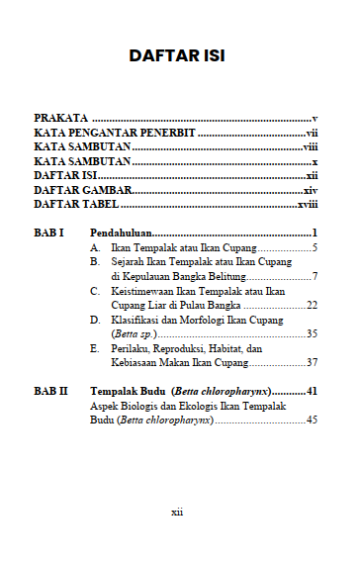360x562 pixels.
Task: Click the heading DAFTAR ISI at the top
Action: click(179, 56)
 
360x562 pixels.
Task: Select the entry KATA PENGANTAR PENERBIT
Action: click(116, 132)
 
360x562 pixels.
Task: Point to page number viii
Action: click(310, 146)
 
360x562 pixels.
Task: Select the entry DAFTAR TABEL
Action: click(76, 204)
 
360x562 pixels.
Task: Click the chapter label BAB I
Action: click(49, 233)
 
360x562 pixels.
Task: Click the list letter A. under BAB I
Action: click(94, 247)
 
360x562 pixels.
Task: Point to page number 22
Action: click(311, 305)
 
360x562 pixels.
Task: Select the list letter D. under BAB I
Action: click(94, 320)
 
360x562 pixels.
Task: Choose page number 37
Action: click(311, 363)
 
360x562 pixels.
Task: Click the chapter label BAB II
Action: click(51, 392)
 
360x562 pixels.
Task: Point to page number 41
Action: click(311, 392)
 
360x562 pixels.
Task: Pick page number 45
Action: click(311, 421)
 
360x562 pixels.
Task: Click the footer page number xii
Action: click(178, 513)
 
